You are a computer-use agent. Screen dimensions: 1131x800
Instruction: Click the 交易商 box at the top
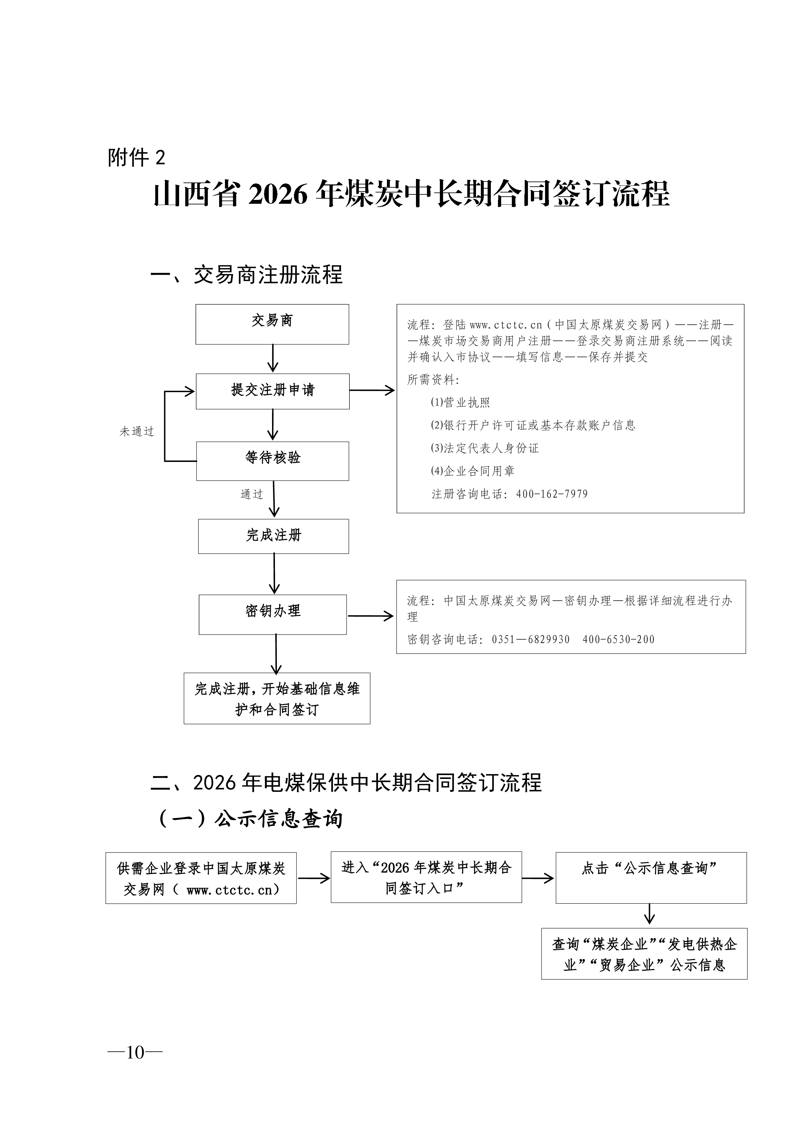[x=272, y=324]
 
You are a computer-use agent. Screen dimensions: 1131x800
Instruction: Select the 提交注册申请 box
[x=273, y=391]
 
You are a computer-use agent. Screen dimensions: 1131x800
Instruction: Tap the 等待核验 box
[x=273, y=461]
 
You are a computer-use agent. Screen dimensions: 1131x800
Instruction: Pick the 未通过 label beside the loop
[x=137, y=431]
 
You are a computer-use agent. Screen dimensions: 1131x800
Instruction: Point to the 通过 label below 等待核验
[x=251, y=494]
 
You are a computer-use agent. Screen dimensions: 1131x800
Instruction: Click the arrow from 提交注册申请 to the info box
[x=372, y=391]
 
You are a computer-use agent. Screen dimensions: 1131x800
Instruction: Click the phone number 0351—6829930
[x=531, y=639]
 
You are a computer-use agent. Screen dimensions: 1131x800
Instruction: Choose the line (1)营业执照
[x=461, y=402]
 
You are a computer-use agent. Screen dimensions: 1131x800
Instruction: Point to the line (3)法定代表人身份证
[x=484, y=448]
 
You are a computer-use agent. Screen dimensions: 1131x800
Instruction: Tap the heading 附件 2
[x=137, y=158]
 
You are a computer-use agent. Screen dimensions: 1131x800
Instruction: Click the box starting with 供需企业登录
[x=201, y=878]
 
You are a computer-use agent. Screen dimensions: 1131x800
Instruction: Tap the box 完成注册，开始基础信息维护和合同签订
[x=277, y=699]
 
